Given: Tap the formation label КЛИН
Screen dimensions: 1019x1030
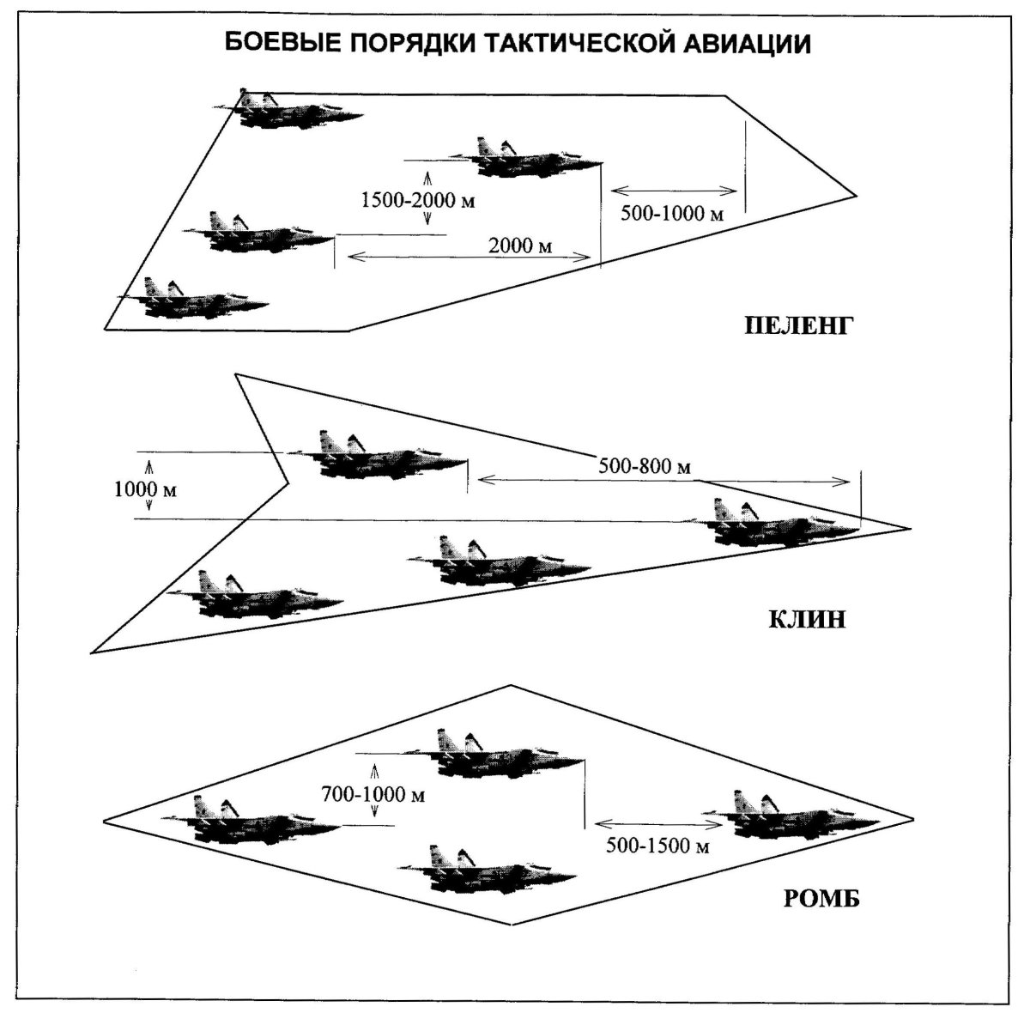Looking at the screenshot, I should (807, 619).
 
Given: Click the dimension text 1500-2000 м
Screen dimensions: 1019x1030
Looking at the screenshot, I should (418, 201).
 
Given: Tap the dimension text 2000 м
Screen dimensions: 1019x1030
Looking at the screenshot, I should (520, 246).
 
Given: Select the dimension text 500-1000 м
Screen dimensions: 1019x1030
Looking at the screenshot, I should (671, 213).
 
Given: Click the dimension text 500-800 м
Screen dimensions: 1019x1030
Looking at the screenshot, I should (644, 466).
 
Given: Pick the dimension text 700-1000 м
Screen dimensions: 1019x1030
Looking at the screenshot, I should (373, 794).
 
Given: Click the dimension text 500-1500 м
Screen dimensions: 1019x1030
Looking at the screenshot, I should (657, 846).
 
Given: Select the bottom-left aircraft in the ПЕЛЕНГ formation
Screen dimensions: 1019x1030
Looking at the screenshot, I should (196, 300).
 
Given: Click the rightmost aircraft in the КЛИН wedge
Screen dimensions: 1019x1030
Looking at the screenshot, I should (777, 523).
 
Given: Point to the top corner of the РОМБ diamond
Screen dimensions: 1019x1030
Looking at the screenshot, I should (512, 685).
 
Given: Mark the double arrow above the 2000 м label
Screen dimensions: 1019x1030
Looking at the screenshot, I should (463, 257).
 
